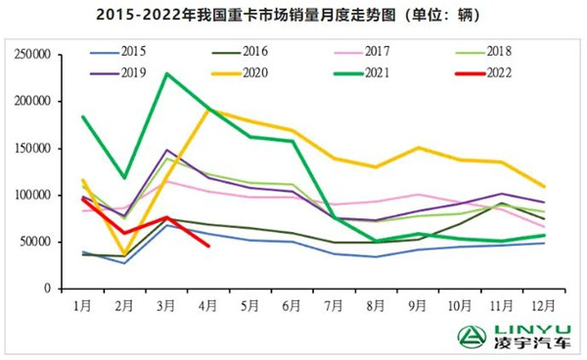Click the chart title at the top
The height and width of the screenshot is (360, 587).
[x=293, y=14]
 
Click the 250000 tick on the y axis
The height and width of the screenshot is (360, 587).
[x=38, y=55]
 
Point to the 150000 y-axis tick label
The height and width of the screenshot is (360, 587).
[x=38, y=149]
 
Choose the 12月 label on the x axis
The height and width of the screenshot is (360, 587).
[x=544, y=306]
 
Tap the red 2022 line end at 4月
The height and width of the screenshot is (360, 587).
[x=208, y=246]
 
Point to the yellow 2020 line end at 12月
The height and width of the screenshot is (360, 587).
[x=544, y=186]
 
